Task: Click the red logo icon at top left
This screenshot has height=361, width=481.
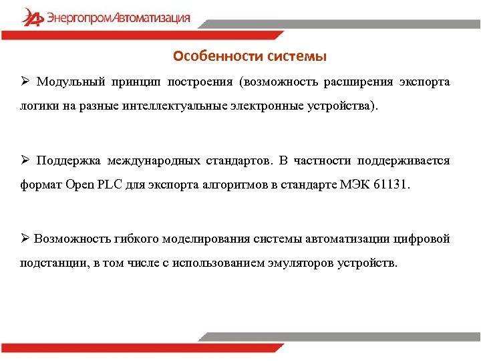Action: pos(31,17)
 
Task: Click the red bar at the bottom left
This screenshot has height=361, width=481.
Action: pos(94,348)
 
